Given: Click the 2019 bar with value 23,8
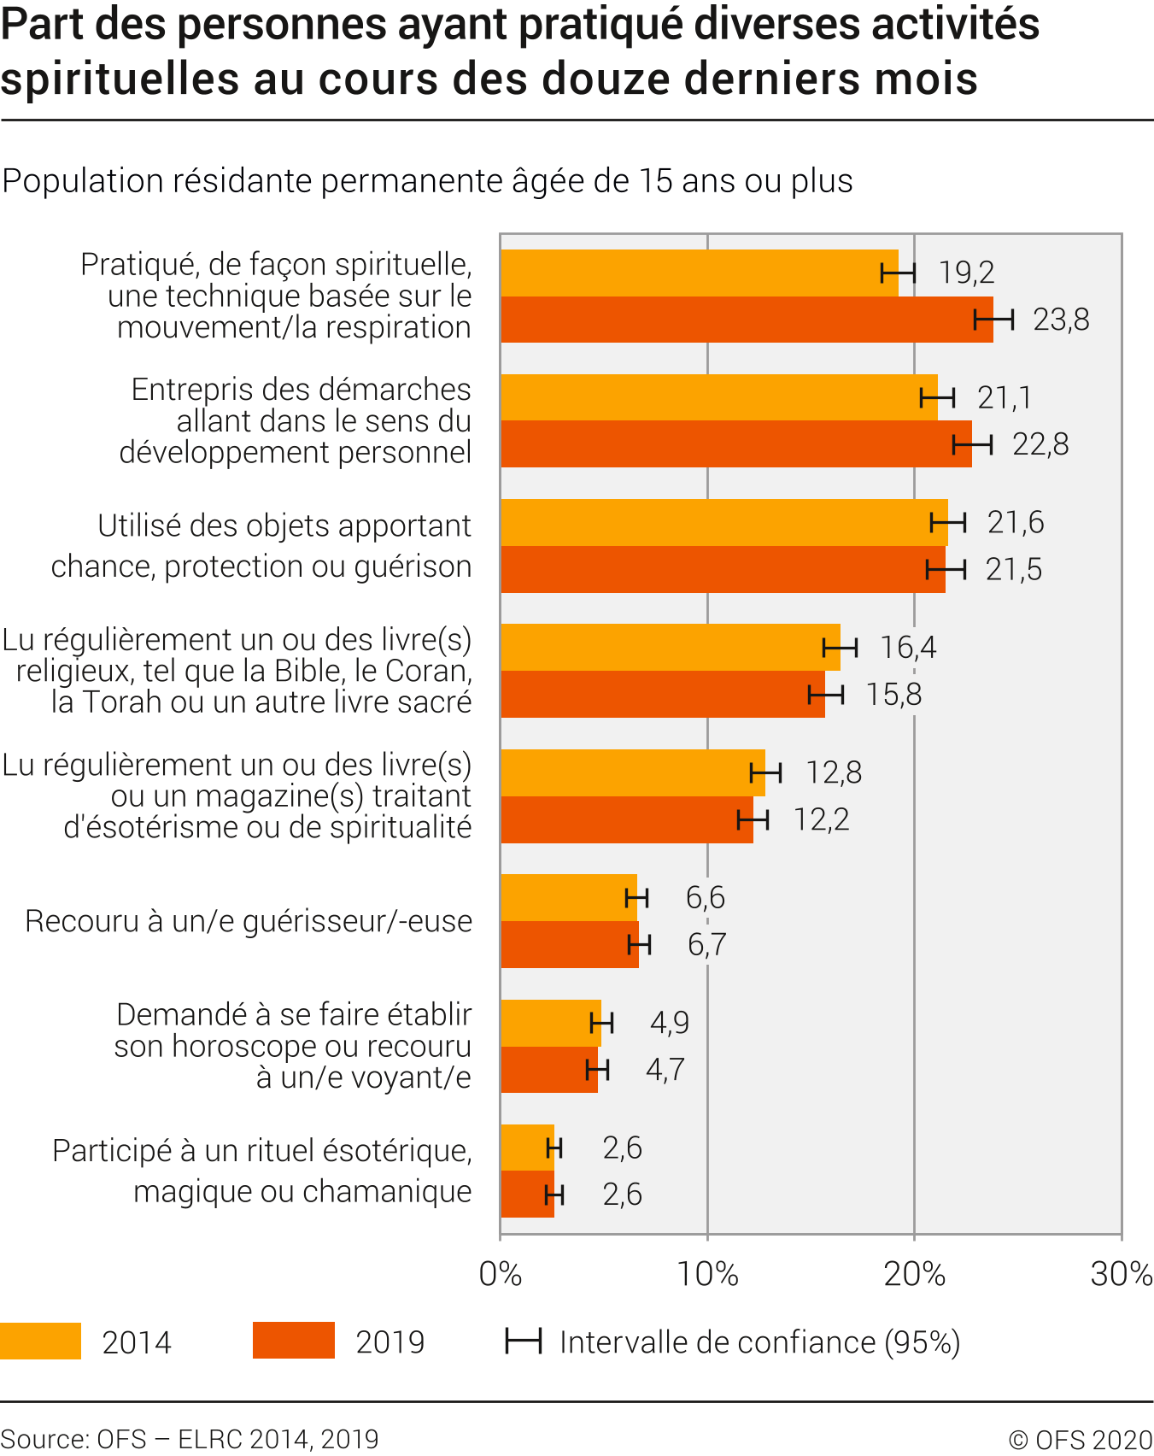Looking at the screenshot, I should click(747, 320).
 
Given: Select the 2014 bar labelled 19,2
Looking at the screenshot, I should click(699, 273).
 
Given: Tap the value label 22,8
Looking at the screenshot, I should click(1040, 445).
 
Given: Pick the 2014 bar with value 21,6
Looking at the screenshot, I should click(723, 523).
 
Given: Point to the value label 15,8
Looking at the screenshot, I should click(893, 695).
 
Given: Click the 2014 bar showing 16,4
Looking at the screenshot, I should click(670, 648).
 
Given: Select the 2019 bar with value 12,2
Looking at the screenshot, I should click(626, 820).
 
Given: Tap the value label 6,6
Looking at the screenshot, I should click(705, 898).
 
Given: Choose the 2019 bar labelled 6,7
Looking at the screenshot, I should click(569, 945).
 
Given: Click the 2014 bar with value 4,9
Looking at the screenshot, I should click(550, 1023).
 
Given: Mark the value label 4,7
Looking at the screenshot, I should click(665, 1070).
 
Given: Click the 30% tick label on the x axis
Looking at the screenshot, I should click(1121, 1274).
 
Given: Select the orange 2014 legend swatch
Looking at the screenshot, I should click(40, 1342).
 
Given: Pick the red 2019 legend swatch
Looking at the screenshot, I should click(293, 1342).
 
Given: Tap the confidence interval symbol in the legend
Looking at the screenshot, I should click(523, 1342).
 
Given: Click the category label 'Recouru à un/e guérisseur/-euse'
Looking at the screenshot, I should click(248, 922).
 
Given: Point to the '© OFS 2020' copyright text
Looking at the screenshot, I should click(1081, 1440).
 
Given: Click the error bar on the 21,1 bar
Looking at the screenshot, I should click(937, 398).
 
